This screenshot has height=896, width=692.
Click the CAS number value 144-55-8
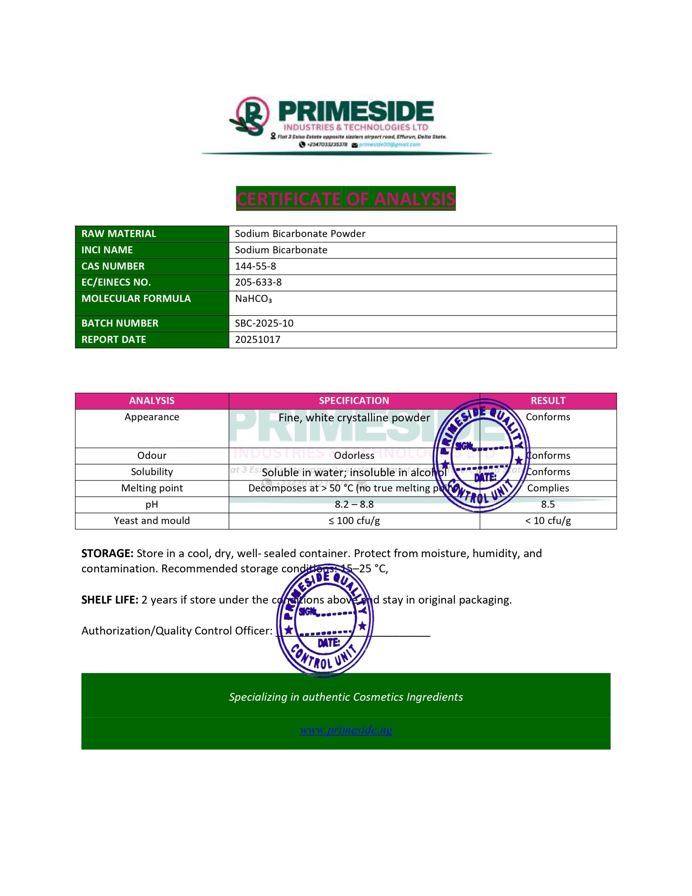[x=255, y=266]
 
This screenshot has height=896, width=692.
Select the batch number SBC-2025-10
[x=264, y=323]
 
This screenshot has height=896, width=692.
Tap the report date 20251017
[x=257, y=340]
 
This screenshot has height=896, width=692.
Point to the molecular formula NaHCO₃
[x=253, y=299]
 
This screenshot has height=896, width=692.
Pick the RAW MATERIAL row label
[x=119, y=234]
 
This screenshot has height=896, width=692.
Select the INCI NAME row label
[x=107, y=250]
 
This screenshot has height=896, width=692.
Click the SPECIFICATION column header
[x=354, y=401]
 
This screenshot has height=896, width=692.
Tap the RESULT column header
[x=548, y=401]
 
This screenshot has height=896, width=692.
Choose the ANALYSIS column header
[x=152, y=401]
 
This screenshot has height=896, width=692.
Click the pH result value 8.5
[x=548, y=505]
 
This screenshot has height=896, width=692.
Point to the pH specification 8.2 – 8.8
[x=354, y=505]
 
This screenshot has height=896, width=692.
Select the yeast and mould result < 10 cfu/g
[x=548, y=521]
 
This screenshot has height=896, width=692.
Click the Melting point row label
[x=152, y=488]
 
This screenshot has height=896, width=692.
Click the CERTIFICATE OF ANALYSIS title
[x=346, y=199]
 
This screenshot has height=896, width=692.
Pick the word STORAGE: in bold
[x=107, y=553]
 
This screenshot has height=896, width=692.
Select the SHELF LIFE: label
[x=110, y=600]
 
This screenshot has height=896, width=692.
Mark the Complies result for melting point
[x=548, y=488]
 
